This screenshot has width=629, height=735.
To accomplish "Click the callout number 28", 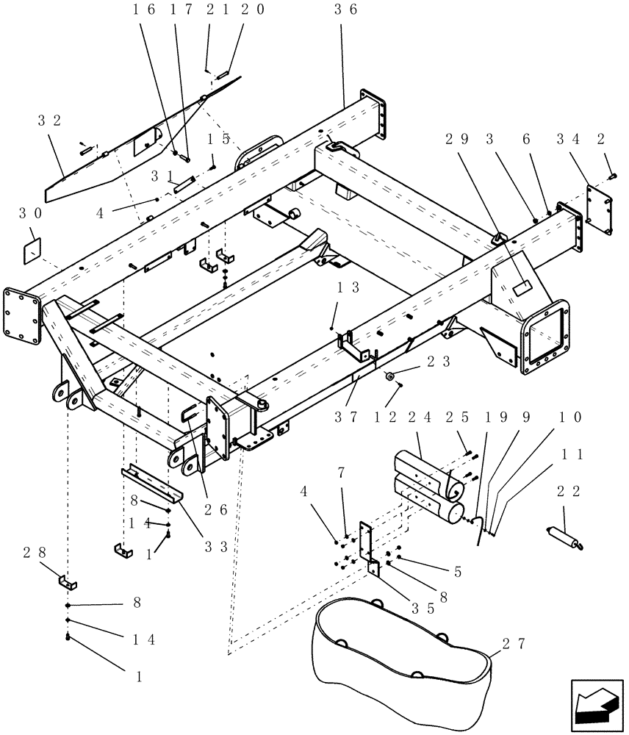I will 28,551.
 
